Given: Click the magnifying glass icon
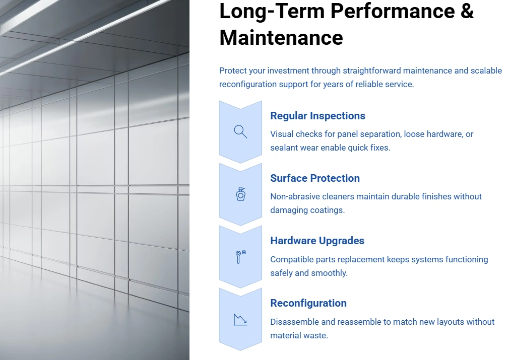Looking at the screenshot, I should point(240,132).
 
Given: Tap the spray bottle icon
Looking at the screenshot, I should point(240,194).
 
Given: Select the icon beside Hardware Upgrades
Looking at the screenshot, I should point(240,257).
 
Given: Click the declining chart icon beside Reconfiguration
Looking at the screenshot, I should point(240,319).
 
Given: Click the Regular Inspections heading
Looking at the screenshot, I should point(317,116).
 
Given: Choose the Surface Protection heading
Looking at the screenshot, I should point(315,178).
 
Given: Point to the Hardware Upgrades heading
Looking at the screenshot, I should point(317,241).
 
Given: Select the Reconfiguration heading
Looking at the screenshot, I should point(308,303).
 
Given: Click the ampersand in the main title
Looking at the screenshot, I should point(467,11).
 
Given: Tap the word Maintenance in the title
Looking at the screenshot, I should point(281,38).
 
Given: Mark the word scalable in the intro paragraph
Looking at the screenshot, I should point(486,70).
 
